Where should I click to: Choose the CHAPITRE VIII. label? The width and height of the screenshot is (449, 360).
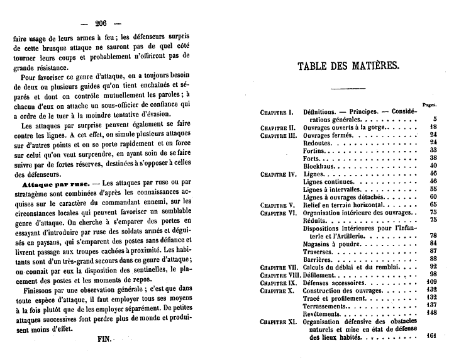point(279,274)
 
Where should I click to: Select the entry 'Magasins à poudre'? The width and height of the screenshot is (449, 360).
point(331,243)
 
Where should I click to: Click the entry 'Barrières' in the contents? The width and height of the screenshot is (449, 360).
point(318,259)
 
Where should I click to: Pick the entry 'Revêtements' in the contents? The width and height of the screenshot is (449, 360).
point(322,313)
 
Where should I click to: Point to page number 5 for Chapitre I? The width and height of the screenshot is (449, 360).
point(435,119)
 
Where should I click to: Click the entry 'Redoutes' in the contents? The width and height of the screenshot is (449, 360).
point(319,142)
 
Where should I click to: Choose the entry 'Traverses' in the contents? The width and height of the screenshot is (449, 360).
point(319,250)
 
